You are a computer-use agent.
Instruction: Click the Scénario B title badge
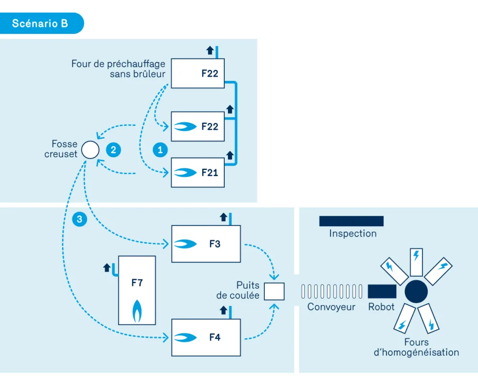click(42, 23)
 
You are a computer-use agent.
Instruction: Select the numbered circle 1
click(160, 150)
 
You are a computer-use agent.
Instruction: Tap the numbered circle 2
click(113, 150)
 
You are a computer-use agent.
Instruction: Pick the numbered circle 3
click(79, 219)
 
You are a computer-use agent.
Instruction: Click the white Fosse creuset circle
click(90, 150)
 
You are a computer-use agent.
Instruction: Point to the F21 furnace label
click(210, 173)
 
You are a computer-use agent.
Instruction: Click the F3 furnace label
click(215, 244)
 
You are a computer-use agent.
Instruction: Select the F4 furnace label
click(215, 337)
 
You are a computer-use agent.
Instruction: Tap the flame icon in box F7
click(137, 311)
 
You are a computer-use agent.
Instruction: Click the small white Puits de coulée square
click(274, 291)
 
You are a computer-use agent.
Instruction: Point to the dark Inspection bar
click(351, 221)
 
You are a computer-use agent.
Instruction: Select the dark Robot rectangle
click(382, 291)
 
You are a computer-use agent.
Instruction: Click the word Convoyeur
click(331, 307)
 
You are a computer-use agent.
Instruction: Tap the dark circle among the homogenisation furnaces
click(416, 292)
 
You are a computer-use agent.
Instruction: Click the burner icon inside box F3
click(185, 244)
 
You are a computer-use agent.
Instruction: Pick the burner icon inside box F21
click(185, 173)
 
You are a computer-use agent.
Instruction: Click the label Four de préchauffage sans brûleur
click(118, 69)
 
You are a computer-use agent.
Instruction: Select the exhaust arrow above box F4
click(223, 310)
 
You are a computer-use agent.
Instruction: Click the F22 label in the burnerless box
click(210, 74)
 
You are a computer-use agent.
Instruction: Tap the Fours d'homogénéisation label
click(416, 347)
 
